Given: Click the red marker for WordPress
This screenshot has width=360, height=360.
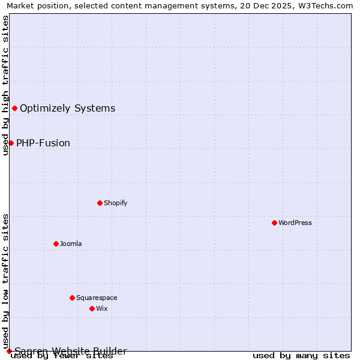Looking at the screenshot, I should [274, 223].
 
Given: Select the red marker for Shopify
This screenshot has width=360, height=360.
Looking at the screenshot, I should [100, 203].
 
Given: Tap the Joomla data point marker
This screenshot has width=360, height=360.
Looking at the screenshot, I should [56, 244].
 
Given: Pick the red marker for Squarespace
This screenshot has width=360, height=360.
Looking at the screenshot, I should [72, 298].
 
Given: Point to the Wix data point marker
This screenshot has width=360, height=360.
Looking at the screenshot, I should [92, 308].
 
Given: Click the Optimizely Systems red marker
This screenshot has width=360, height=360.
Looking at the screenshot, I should [14, 108].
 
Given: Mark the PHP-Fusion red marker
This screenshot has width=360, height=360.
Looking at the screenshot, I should [11, 143].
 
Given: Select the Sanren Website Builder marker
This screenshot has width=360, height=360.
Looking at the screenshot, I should [9, 351].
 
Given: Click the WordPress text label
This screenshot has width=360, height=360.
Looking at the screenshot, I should [295, 223].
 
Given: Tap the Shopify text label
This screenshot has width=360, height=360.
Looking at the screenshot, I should [116, 203].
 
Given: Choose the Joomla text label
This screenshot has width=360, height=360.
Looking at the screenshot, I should [71, 244].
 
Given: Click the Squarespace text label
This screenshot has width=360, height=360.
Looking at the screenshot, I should [97, 298].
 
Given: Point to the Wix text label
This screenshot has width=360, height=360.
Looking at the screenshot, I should [102, 308].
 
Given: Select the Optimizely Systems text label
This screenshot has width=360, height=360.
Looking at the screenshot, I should [68, 108].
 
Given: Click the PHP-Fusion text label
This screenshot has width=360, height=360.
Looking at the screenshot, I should [43, 143].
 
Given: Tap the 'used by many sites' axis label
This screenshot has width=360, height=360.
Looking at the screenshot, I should [301, 356].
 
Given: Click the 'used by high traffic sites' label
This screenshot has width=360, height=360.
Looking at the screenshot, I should [5, 85].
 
